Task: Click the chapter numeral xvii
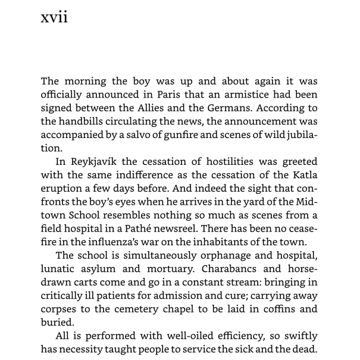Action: click(x=54, y=17)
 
